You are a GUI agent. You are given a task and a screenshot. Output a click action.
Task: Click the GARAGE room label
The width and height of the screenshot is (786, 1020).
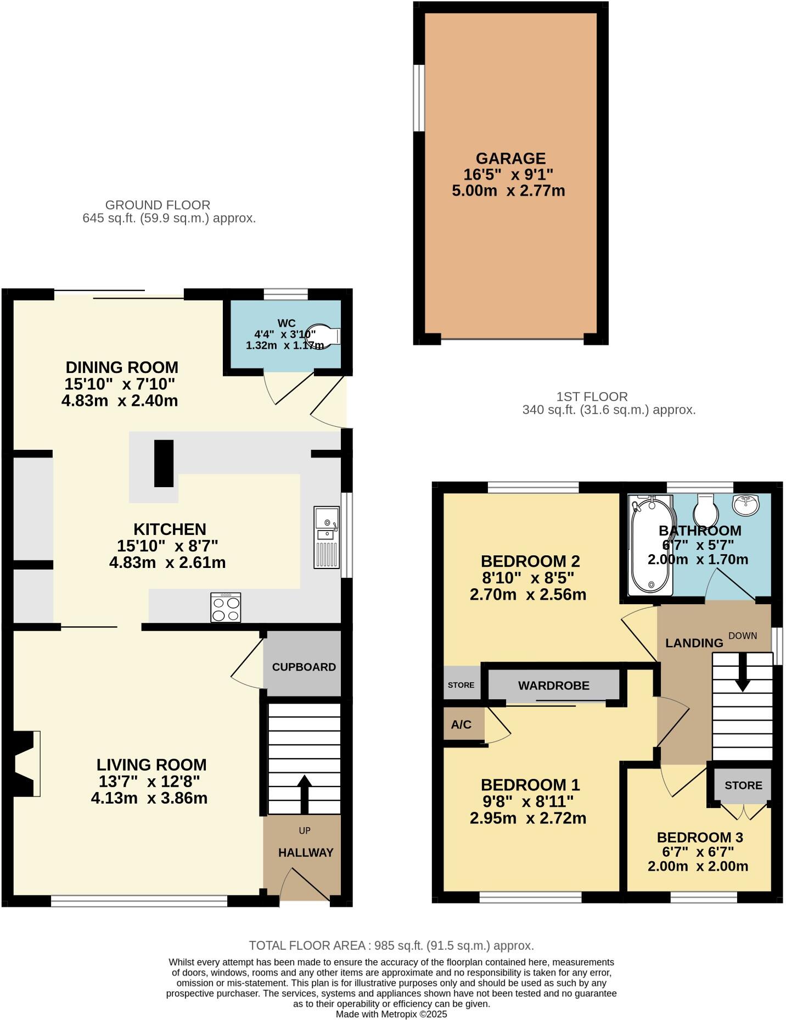[x=510, y=159]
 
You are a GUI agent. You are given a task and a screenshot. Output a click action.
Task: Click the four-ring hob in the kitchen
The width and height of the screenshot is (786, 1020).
[x=226, y=607]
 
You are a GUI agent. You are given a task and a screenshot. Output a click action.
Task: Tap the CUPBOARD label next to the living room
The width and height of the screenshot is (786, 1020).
[x=304, y=667]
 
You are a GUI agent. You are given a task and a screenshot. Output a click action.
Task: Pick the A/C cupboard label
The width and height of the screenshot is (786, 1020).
[x=461, y=724]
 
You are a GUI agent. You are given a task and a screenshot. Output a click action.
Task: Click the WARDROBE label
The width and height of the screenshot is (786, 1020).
[x=553, y=685]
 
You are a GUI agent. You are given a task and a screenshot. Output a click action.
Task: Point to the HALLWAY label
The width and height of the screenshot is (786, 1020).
[x=306, y=852]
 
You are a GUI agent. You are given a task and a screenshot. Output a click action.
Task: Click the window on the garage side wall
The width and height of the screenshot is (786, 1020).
[x=419, y=98]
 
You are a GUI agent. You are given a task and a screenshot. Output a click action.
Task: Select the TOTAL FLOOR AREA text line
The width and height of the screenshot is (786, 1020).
[x=391, y=945]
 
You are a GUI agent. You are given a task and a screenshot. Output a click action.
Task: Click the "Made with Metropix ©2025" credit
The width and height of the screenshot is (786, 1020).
[x=391, y=1014]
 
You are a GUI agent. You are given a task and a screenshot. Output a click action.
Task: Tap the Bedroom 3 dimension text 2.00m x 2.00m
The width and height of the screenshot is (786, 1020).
[x=698, y=866]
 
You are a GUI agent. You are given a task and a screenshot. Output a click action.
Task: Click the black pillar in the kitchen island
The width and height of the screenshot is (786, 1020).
[x=164, y=464]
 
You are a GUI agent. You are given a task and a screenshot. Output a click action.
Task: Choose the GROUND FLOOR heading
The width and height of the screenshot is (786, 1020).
[x=158, y=205]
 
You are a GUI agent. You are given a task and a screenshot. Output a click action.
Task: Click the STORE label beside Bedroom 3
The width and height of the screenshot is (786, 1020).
[x=743, y=785]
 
